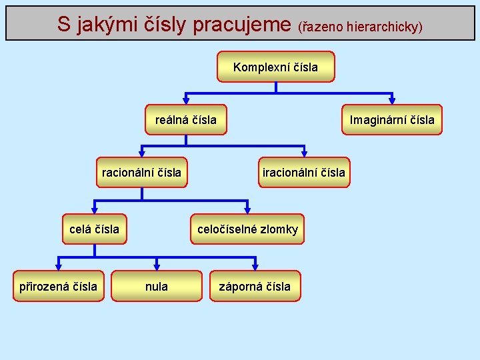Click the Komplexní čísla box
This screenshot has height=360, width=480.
275,67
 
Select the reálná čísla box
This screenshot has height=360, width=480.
186,120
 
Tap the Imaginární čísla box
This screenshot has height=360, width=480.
392,120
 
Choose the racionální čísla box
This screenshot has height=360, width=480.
141,173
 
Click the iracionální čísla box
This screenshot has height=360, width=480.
304,173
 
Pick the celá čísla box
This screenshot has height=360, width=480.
95,229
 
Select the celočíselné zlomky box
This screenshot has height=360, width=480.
247,229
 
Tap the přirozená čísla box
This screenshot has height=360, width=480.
59,286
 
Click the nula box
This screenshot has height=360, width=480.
157,286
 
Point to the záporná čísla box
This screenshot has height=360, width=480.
255,286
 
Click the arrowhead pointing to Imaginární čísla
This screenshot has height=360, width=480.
392,101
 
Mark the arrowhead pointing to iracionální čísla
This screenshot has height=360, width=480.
304,153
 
